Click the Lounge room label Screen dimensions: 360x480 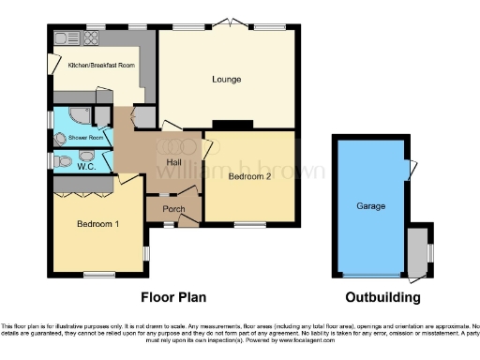click(228, 80)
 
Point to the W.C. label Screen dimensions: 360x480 click(82, 161)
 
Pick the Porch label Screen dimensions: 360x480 click(173, 208)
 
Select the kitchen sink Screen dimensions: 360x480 click(67, 38)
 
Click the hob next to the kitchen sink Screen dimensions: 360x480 click(93, 38)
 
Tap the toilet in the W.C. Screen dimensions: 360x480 click(63, 161)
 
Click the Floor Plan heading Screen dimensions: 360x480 click(173, 297)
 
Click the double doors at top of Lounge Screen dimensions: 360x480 click(229, 24)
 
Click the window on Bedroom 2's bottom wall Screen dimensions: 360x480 click(249, 224)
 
